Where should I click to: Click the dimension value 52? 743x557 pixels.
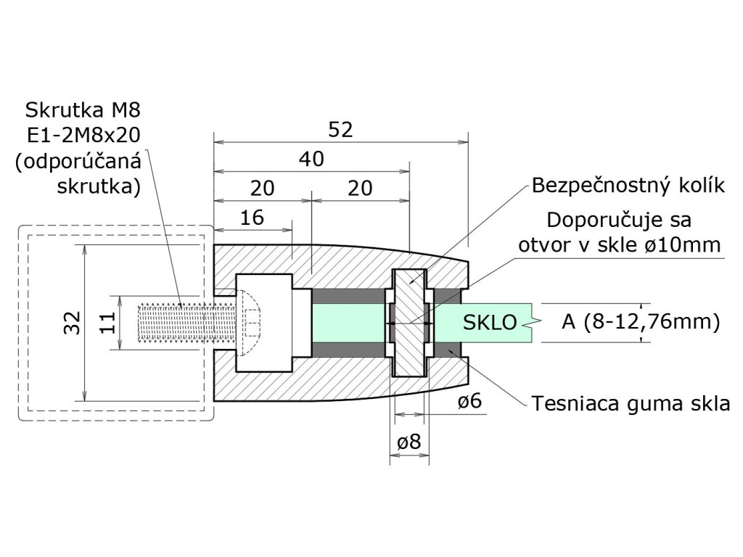click(341, 130)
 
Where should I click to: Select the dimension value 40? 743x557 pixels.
click(311, 159)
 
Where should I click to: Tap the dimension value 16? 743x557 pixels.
click(252, 218)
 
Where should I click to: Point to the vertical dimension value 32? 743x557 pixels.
click(73, 323)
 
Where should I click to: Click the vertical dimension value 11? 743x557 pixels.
click(107, 323)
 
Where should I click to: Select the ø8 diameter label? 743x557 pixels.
click(409, 442)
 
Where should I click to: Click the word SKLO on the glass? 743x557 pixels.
click(490, 323)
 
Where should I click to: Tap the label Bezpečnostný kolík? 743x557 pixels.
click(628, 186)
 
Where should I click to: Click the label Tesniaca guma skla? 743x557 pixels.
click(631, 404)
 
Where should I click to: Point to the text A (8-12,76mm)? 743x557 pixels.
click(641, 322)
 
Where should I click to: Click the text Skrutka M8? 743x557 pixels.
click(83, 110)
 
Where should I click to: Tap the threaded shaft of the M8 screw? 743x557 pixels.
click(185, 323)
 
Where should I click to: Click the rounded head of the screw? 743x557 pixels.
click(251, 323)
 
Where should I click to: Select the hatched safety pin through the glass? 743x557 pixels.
click(409, 323)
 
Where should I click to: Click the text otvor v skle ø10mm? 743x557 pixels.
click(620, 245)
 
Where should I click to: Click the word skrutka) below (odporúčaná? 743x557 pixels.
click(99, 186)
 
